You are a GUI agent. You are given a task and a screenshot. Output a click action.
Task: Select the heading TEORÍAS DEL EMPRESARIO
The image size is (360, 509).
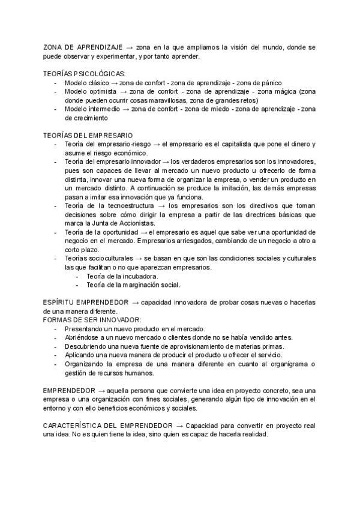[x=88, y=136]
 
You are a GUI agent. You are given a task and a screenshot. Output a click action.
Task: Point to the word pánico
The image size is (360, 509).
[x=269, y=83]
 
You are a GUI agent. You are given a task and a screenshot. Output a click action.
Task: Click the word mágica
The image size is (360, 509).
[x=285, y=92]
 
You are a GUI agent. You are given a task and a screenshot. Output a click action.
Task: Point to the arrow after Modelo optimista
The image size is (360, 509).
[x=123, y=92]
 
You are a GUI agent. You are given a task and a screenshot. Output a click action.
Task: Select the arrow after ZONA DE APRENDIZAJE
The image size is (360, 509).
[x=130, y=47]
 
